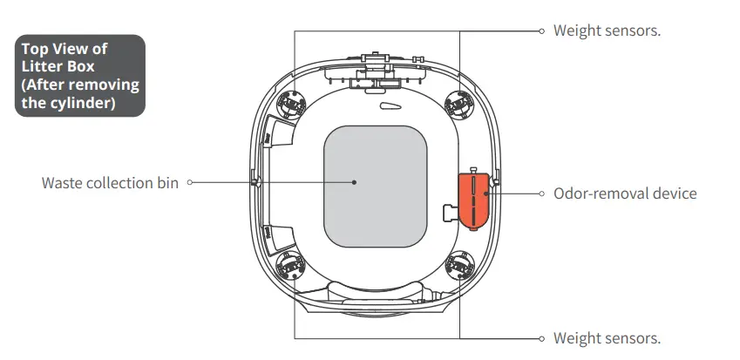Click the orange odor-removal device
474,200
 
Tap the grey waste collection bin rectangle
375,187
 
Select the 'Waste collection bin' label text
110,182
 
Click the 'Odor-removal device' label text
625,193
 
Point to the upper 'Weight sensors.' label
607,31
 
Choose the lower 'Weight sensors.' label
607,338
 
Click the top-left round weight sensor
291,103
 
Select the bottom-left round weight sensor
291,266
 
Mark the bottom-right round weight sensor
459,266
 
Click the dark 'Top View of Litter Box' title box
80,76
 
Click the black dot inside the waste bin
355,182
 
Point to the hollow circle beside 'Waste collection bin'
190,182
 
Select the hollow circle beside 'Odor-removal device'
542,193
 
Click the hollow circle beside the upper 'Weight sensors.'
542,31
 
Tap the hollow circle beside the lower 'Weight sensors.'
542,338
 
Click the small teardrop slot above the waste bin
390,106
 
